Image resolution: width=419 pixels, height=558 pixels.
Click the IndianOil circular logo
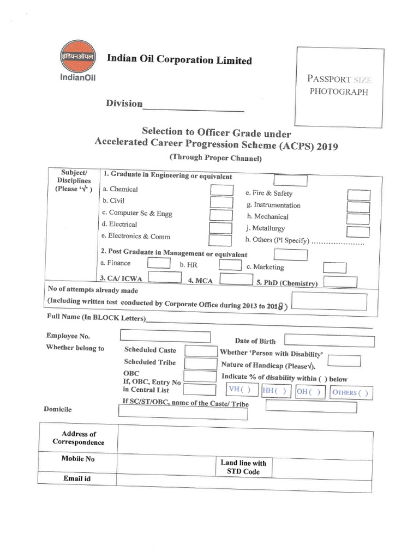[x=77, y=56]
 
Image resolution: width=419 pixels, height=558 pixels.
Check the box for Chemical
[x=222, y=190]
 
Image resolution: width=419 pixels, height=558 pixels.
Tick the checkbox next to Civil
[x=222, y=202]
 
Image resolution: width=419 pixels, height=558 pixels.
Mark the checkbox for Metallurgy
[x=358, y=231]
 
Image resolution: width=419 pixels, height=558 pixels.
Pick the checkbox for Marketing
[x=334, y=268]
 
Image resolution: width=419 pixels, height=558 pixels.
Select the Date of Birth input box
[x=329, y=341]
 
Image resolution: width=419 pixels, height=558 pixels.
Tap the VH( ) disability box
[x=242, y=390]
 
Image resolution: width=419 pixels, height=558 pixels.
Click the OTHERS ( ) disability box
[x=350, y=392]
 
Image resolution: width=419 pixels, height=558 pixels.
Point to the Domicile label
[x=57, y=409]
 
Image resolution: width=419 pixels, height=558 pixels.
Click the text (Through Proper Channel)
[x=216, y=158]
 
